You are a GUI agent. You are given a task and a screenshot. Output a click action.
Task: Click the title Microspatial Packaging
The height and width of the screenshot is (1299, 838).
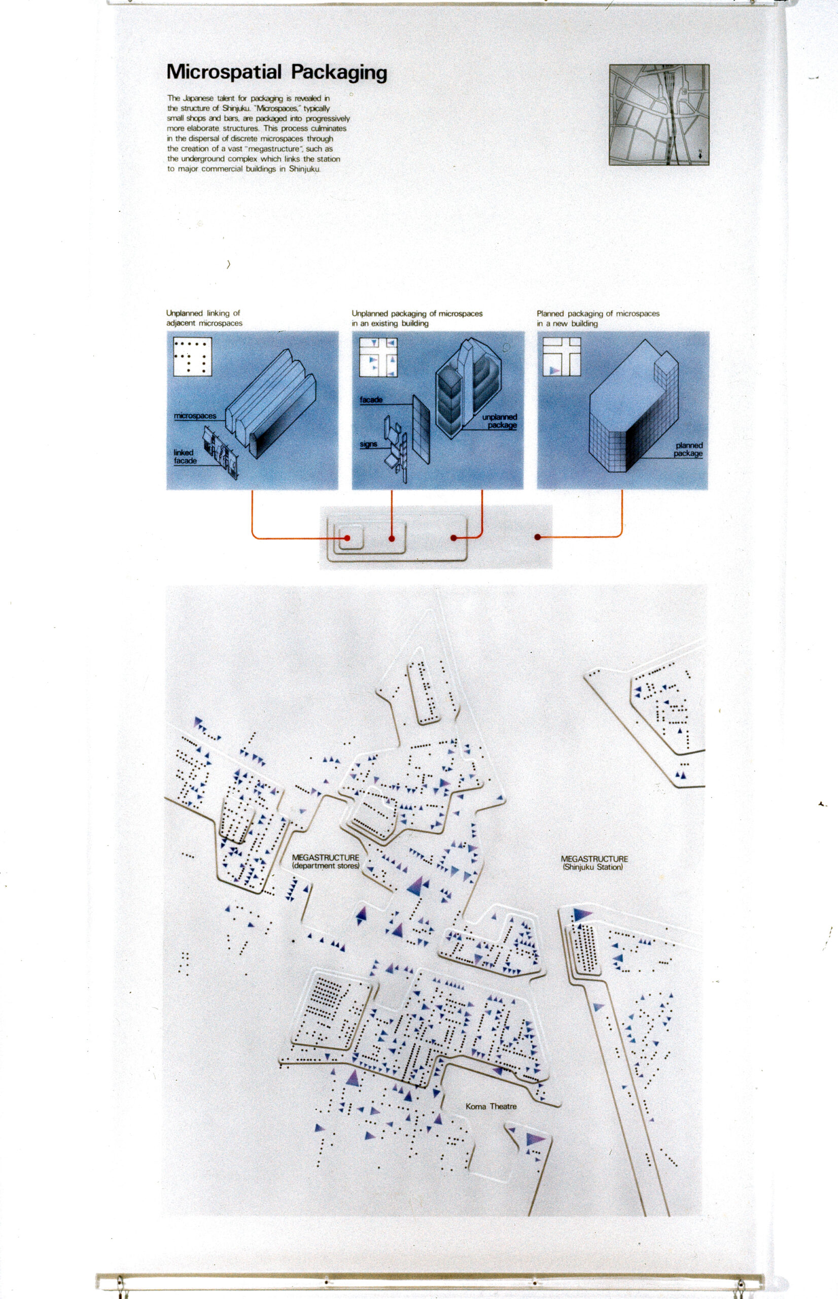(x=276, y=73)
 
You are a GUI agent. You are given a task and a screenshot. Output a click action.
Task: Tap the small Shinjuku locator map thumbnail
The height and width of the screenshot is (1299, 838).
(x=659, y=115)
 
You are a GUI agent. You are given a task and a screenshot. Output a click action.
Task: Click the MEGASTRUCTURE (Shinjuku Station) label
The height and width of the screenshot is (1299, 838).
(x=593, y=863)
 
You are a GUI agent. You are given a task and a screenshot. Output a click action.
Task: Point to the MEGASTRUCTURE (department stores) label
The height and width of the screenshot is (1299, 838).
(x=325, y=862)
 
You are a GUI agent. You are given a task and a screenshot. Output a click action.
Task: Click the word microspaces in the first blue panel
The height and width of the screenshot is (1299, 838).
(x=195, y=416)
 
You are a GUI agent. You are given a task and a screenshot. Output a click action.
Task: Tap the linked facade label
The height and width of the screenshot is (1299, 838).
(x=185, y=456)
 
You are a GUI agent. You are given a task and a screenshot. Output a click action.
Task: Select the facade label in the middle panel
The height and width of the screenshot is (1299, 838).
(x=371, y=400)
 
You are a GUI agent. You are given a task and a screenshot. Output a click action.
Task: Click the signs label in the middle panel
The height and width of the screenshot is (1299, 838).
(x=368, y=445)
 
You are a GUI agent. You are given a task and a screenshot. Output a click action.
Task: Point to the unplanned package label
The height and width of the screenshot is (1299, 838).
(x=500, y=421)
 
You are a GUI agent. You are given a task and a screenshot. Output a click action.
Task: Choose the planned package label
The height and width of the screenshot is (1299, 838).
(x=688, y=449)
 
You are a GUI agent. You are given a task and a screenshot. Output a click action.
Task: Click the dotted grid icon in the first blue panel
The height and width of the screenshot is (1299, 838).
(x=192, y=356)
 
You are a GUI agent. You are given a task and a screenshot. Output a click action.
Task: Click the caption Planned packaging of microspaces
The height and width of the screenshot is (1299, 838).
(x=598, y=314)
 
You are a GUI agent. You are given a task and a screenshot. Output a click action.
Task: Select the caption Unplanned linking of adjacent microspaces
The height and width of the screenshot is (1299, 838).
(x=204, y=318)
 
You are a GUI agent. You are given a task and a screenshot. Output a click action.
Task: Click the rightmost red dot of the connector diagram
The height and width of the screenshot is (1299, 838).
(x=538, y=537)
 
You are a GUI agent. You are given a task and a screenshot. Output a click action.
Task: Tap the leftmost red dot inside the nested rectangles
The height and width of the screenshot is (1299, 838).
(x=347, y=538)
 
